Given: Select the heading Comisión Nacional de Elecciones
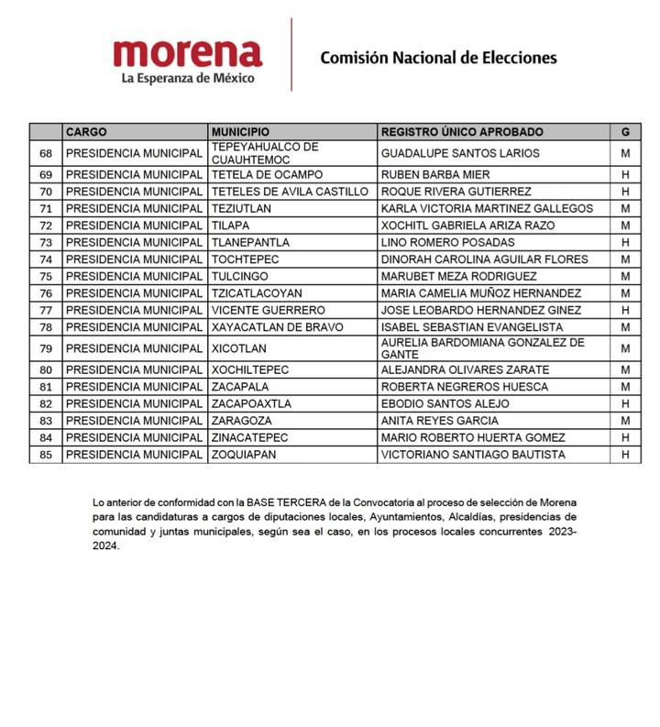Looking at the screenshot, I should pos(438,58).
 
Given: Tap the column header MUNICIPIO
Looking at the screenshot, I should pos(240,132).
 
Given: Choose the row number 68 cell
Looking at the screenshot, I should pos(46,153).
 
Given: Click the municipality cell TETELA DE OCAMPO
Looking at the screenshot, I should pos(260,174).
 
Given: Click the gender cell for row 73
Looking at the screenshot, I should pos(624,242).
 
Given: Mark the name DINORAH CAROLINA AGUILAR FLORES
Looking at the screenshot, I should pos(484,259).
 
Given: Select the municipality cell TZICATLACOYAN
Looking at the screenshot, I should pos(257,293).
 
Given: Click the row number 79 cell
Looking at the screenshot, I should pos(46,348).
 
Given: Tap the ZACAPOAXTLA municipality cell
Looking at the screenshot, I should pos(251,403).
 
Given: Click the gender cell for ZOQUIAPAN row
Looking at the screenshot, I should pos(624,455).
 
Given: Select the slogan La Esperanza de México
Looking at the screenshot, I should pos(188,78).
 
